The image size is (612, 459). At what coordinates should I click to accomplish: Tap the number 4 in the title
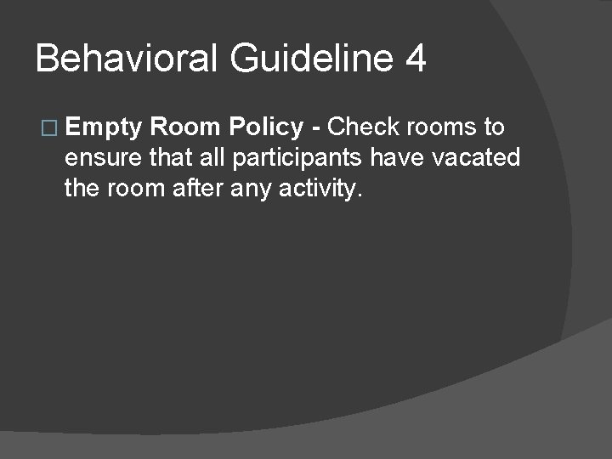coord(416,59)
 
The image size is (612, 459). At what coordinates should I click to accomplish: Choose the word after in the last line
coord(198,188)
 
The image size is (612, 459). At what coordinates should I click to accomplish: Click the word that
coord(170,158)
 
